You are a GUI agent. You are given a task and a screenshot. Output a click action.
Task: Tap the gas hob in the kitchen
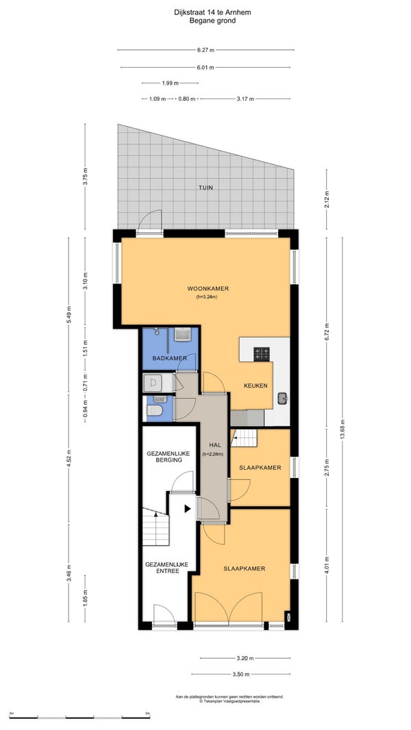(261, 354)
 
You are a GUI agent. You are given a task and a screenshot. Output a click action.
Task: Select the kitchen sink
(282, 399)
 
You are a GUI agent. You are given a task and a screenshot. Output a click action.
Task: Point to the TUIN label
(206, 188)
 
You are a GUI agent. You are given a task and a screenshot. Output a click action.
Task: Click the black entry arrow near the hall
(188, 508)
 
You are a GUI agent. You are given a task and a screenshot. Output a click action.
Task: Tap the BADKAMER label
(170, 358)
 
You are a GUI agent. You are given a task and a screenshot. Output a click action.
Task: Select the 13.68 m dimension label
(342, 429)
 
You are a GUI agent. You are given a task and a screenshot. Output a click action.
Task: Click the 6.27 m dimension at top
(206, 50)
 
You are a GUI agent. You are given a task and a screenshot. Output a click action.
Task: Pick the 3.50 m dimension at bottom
(240, 674)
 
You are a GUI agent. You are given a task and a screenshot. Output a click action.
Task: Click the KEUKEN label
(256, 386)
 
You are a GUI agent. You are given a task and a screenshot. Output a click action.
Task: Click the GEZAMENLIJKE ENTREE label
(166, 568)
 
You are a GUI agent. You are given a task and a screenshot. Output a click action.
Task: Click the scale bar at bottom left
(79, 717)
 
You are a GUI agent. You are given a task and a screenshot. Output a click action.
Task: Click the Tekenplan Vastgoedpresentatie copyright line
(229, 700)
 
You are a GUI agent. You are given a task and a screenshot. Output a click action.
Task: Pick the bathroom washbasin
(183, 334)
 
